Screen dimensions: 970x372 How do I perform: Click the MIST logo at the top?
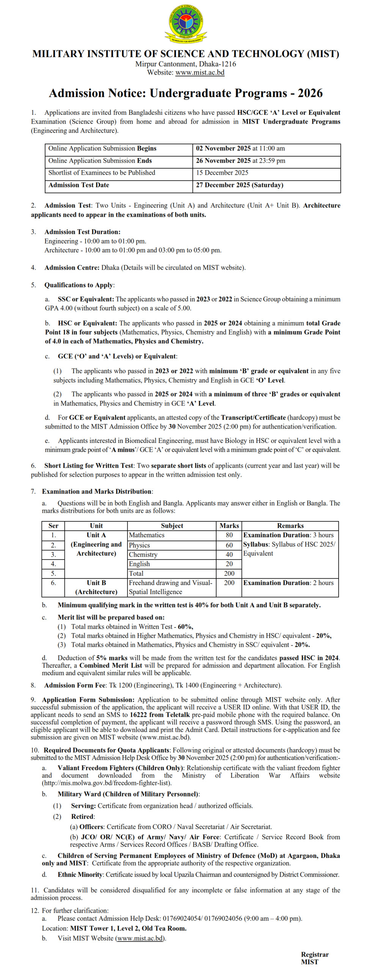coord(185,23)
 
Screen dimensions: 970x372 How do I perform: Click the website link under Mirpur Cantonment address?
coord(199,72)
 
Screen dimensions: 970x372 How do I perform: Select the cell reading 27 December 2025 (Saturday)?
coord(239,185)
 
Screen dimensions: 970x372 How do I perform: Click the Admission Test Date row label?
coord(78,185)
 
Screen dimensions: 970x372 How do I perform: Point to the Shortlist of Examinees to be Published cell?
coord(102,173)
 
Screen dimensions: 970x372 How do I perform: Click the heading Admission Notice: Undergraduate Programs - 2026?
coord(185,93)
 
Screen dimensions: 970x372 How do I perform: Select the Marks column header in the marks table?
coord(229,526)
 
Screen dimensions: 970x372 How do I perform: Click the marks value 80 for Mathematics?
coord(229,535)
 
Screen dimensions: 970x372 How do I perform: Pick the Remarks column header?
coord(290,526)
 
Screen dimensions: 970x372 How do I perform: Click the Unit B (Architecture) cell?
coord(96,587)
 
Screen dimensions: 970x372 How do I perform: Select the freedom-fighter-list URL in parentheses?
coord(107,783)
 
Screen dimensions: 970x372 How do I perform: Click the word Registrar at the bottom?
coord(314,954)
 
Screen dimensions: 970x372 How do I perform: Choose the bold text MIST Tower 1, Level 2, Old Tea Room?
coord(128,928)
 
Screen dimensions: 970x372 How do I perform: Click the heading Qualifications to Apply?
coord(78,285)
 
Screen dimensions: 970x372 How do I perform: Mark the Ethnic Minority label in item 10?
coord(80,875)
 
